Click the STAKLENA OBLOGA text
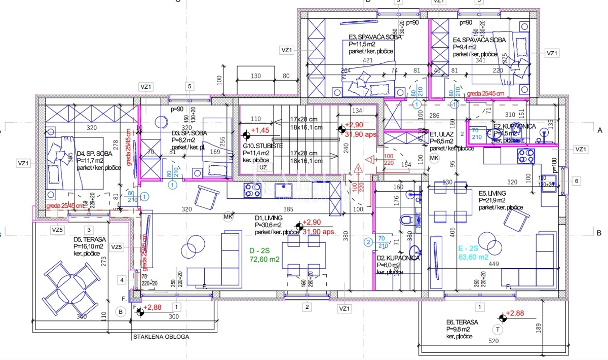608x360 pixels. click(161, 337)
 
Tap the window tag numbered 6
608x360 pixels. click(576, 181)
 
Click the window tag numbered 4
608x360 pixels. click(122, 279)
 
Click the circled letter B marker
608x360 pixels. click(121, 311)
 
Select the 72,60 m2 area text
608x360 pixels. click(264, 259)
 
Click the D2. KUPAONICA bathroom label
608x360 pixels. click(398, 258)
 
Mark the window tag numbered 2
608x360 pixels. click(306, 306)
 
